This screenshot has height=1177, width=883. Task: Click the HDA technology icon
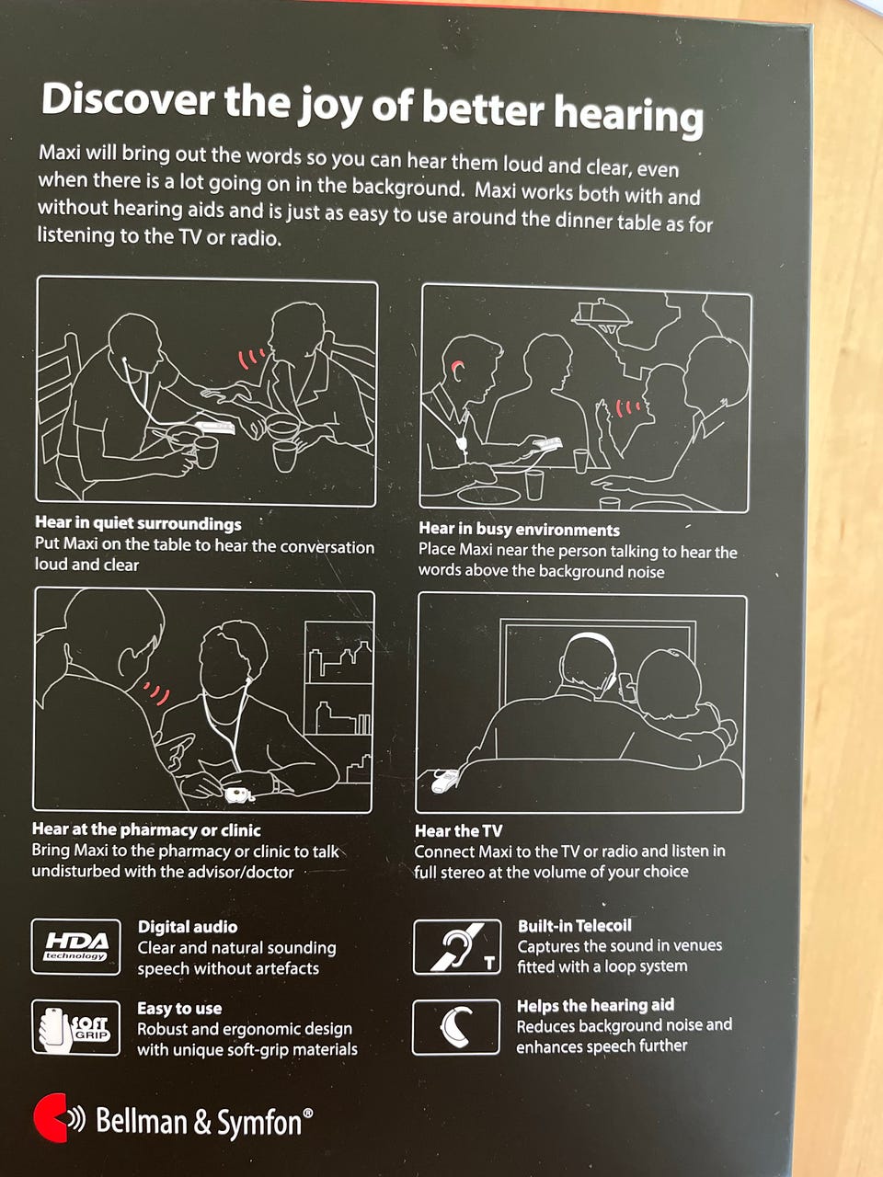tap(76, 947)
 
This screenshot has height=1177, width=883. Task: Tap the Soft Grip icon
tap(75, 1027)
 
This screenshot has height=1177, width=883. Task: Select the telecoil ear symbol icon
tap(457, 946)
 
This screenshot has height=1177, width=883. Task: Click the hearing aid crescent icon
tap(455, 1027)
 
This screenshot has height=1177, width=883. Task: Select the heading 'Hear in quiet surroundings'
tap(138, 523)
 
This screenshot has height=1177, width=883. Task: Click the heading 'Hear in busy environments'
tap(519, 530)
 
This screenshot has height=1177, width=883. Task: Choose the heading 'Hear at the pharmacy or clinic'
tap(146, 829)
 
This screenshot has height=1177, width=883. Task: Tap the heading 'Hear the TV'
tap(458, 830)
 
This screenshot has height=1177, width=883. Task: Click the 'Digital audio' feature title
tap(188, 927)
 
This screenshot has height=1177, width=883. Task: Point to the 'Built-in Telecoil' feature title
tap(575, 926)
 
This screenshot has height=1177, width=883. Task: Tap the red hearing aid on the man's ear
tap(458, 367)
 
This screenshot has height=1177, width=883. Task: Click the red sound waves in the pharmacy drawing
tap(157, 692)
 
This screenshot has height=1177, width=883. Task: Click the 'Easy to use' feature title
tap(179, 1008)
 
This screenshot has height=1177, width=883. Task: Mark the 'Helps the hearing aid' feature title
tap(596, 1005)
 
